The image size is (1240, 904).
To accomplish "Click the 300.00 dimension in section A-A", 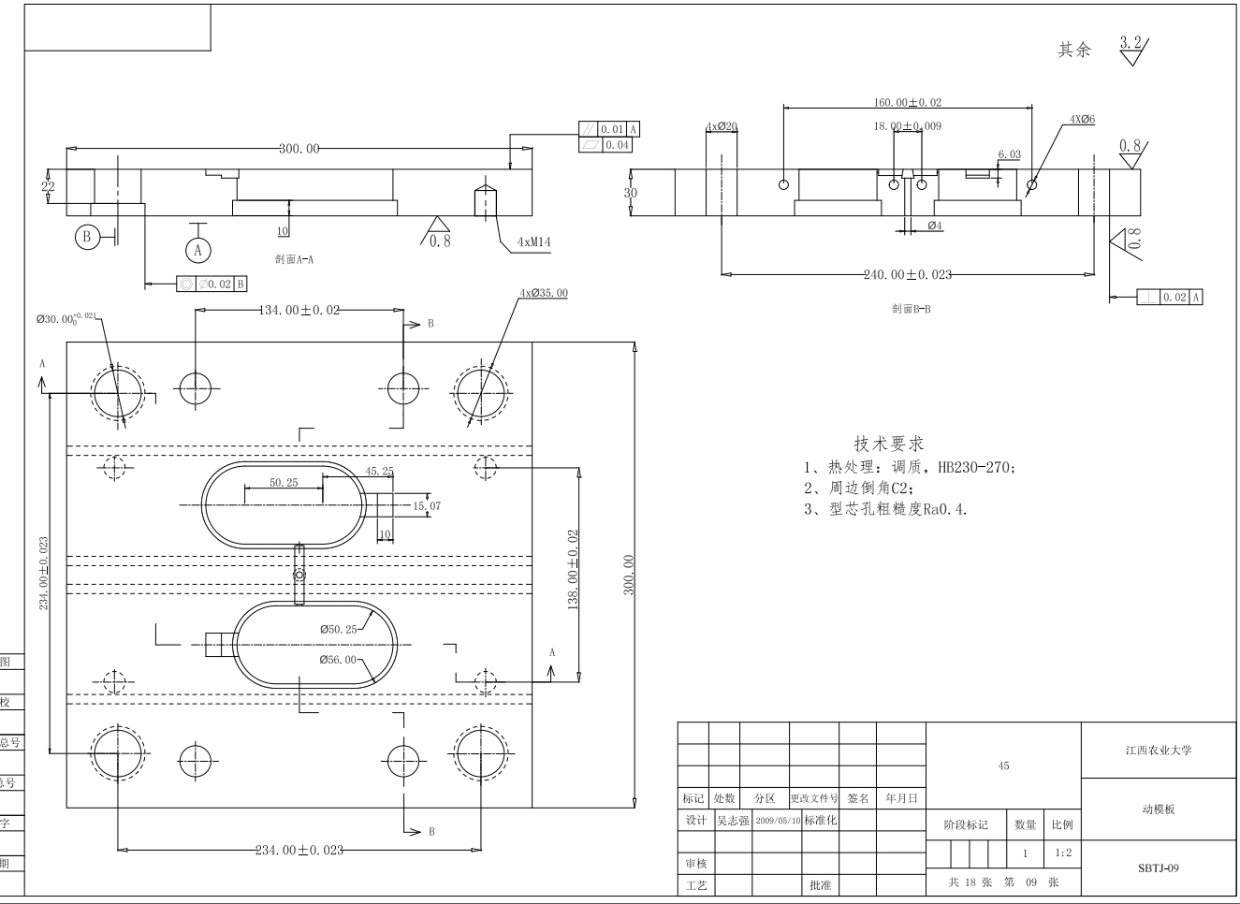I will coord(299,149).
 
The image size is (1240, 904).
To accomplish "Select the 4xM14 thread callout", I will coord(533,242).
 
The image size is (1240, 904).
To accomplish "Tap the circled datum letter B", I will coord(87,237).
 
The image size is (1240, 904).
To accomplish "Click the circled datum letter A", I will coord(197,251).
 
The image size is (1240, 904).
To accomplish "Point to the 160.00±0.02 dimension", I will coord(907,103).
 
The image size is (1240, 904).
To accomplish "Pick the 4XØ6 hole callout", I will coord(1082,120).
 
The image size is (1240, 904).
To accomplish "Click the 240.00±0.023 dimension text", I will coord(907,274).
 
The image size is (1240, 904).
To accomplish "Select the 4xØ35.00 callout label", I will coord(544,293).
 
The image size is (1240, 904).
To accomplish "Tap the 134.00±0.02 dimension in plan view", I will coord(299,311).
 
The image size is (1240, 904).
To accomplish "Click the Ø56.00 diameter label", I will coord(338,660).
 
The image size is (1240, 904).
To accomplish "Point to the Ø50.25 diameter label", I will coord(338,630).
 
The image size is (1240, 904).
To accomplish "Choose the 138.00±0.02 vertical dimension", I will coord(573,569).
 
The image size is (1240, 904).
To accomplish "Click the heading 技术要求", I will coord(888,444).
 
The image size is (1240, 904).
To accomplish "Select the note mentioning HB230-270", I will coord(909,467).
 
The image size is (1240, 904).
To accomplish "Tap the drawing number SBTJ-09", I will coord(1159,868).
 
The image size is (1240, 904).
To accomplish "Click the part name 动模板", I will coord(1159,809).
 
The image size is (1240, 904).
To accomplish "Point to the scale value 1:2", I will coord(1064,853).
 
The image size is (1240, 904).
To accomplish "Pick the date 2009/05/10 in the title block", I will coord(778,820).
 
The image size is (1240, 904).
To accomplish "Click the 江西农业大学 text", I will coord(1159,750).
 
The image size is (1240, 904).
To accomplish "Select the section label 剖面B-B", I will coord(911,308).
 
